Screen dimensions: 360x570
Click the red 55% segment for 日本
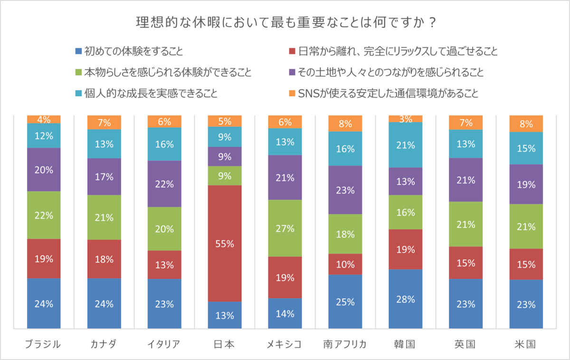(225, 243)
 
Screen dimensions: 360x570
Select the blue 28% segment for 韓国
(405, 299)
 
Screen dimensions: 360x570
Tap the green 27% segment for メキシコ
(285, 228)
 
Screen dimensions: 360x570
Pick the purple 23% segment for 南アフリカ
(345, 190)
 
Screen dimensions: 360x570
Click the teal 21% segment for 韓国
(405, 145)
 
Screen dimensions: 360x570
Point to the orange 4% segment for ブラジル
(44, 119)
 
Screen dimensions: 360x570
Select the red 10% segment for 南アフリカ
(345, 264)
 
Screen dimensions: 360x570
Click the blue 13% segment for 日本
(225, 315)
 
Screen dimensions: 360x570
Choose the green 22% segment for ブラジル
(44, 215)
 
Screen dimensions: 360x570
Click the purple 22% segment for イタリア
(164, 184)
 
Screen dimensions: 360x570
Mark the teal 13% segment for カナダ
(104, 144)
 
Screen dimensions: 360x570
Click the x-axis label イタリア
(164, 344)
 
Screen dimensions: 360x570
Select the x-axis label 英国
(465, 344)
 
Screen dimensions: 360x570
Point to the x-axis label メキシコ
(285, 344)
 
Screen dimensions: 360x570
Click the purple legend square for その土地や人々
(292, 73)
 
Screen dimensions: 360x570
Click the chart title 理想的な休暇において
(285, 23)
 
